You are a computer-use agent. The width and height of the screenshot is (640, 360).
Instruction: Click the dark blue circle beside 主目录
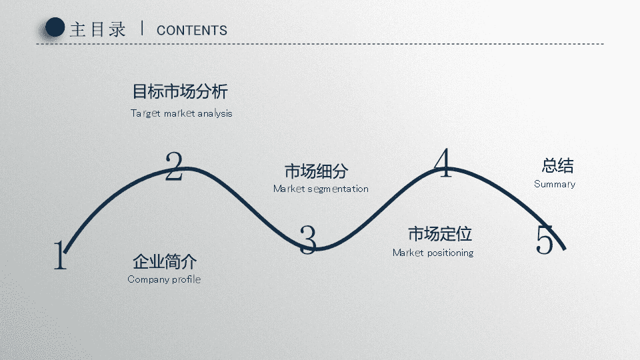pos(55,27)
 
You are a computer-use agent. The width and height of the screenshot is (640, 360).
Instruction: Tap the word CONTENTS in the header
pos(192,30)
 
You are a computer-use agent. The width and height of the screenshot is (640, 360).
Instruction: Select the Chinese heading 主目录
pos(97,29)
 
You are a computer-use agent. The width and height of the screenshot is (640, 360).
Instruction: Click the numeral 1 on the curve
pos(61,255)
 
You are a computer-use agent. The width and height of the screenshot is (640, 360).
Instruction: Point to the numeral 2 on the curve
pos(174,166)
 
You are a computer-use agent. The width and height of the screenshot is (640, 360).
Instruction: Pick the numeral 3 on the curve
pos(308,239)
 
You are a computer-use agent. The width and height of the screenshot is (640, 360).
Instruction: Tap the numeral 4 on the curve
pos(443,163)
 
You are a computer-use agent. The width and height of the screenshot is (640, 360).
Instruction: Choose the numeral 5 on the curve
pos(545,239)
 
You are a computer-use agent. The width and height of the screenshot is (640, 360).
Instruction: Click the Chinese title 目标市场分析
pos(180,91)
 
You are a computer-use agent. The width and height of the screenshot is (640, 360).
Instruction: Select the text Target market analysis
pos(181,113)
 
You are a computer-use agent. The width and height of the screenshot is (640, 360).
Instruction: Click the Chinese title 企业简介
pos(165,261)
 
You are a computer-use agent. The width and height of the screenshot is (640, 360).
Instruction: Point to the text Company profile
pos(164,279)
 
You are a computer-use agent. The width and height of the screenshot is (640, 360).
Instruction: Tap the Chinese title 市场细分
pos(316,171)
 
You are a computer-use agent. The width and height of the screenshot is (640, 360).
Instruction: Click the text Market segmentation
pos(321,189)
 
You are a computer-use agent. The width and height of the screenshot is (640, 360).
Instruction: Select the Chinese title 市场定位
pos(440,234)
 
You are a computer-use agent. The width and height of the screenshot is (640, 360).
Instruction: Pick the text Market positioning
pos(433,253)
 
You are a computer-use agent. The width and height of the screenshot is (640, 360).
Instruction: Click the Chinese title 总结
pos(557,166)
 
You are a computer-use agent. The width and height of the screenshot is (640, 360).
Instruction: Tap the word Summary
pos(555,184)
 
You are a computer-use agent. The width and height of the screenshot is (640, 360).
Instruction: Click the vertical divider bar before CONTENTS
pos(141,28)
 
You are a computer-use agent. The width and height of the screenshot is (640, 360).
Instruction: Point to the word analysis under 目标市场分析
pos(215,113)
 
